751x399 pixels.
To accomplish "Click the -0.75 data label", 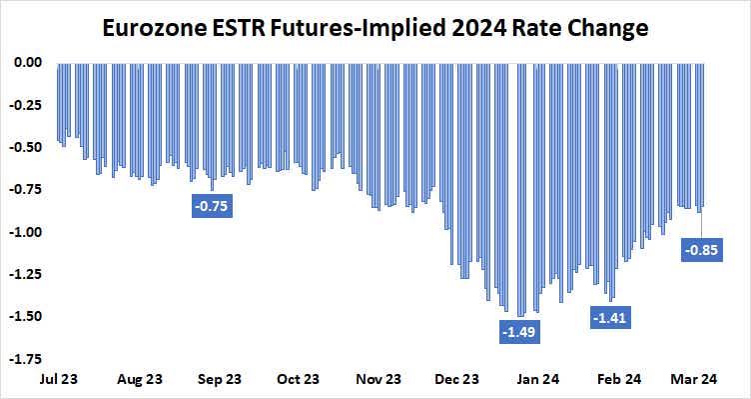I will tap(212, 207).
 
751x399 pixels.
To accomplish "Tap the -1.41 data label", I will tap(611, 319).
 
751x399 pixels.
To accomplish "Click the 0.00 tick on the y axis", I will tap(27, 62).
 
